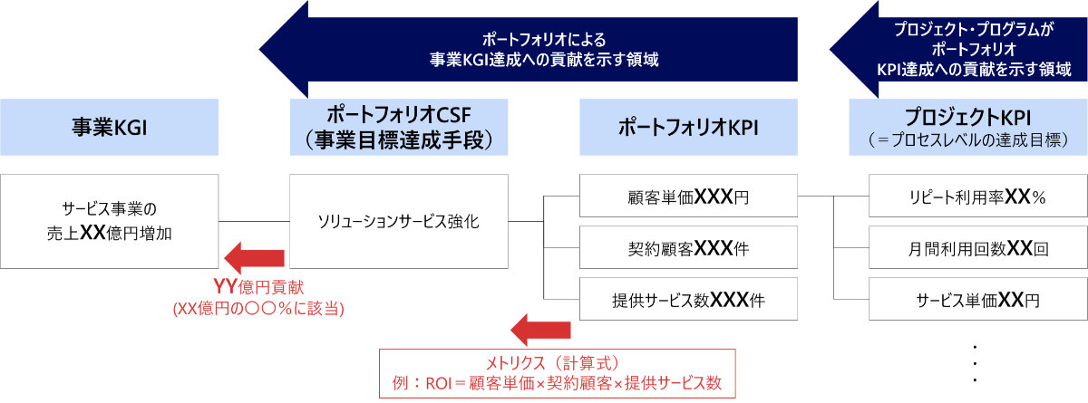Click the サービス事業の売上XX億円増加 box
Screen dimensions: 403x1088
click(x=109, y=220)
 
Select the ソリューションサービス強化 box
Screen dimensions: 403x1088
click(x=398, y=220)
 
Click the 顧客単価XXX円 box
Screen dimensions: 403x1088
click(x=688, y=196)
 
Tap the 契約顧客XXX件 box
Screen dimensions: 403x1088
click(x=688, y=247)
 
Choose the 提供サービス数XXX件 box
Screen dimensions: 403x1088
click(x=688, y=299)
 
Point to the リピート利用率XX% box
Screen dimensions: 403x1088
click(x=977, y=196)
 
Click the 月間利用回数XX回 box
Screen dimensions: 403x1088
click(x=977, y=247)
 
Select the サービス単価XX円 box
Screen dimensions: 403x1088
click(x=977, y=299)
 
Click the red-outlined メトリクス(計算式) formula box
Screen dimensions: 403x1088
click(x=557, y=372)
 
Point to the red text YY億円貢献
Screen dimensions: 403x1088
click(x=258, y=288)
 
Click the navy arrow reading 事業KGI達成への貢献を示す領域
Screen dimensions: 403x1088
click(x=530, y=51)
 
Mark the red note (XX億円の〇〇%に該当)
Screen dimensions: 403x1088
click(x=258, y=309)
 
